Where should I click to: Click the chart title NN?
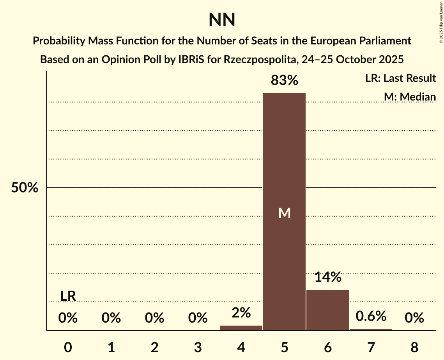[x=222, y=20]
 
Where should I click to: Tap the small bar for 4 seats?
[x=241, y=328]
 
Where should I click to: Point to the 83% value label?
[x=284, y=81]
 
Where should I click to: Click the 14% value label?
[x=327, y=277]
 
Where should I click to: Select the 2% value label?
[x=241, y=313]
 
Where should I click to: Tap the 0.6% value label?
[x=371, y=316]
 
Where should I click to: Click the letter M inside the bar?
[x=284, y=213]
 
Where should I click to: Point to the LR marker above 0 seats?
[x=68, y=296]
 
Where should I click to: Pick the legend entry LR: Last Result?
[x=400, y=78]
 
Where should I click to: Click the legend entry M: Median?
[x=410, y=97]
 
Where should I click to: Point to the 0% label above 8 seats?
[x=414, y=318]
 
